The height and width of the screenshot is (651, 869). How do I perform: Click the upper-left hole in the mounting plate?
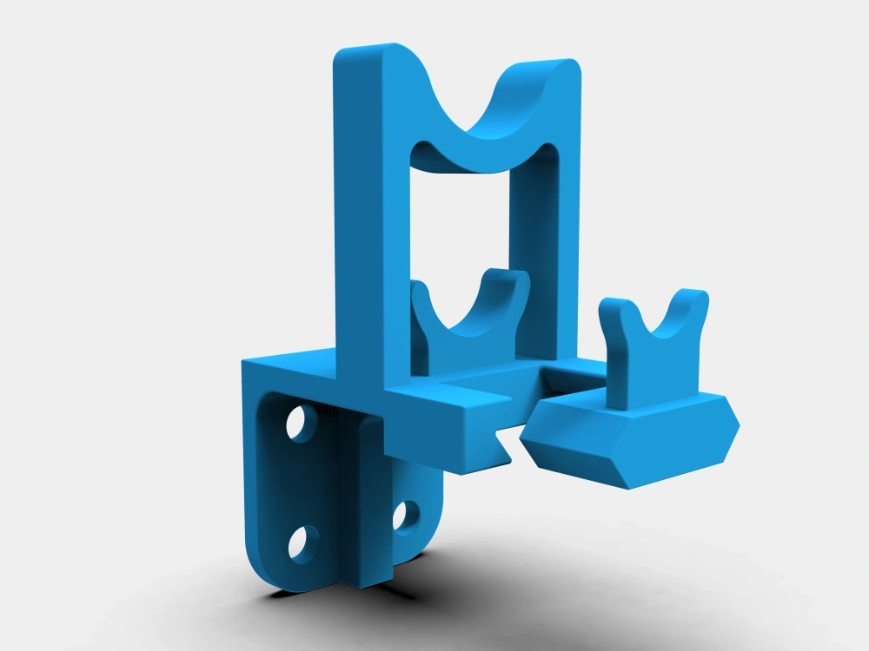click(x=298, y=423)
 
